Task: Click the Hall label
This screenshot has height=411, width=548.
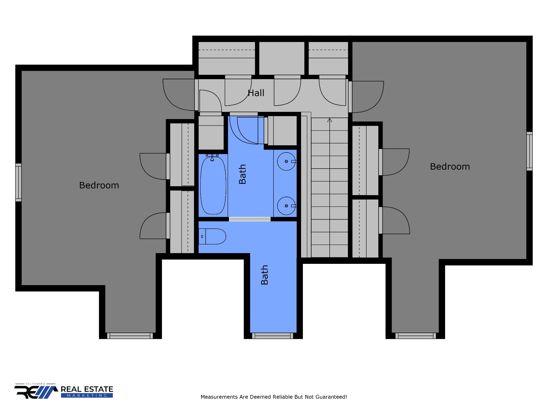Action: coord(256,93)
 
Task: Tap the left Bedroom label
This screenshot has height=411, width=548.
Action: coord(99,185)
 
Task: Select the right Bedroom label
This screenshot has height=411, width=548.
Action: coord(450,166)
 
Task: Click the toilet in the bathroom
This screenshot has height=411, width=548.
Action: coord(212,236)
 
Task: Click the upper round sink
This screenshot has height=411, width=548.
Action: coord(286,161)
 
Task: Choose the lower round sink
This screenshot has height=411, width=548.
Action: coord(286,206)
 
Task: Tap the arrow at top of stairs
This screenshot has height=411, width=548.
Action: coord(329,120)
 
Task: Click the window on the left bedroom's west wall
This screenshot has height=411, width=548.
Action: coord(18,182)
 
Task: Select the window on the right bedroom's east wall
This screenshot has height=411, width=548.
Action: coord(529,151)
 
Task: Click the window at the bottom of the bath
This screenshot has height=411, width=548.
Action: coord(272,336)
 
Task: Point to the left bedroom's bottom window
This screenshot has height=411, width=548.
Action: coord(130,336)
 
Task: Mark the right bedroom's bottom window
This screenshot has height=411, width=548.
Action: coord(416,336)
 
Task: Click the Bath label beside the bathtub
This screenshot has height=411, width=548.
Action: coord(242,174)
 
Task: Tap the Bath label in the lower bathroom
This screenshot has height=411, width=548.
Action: coord(264,275)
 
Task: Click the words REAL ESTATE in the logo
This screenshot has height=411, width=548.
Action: coord(87,389)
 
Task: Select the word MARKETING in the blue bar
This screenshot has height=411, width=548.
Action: coord(87,395)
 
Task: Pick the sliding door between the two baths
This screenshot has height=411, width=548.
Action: coord(250,219)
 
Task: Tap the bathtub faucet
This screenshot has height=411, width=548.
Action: coord(212,157)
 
